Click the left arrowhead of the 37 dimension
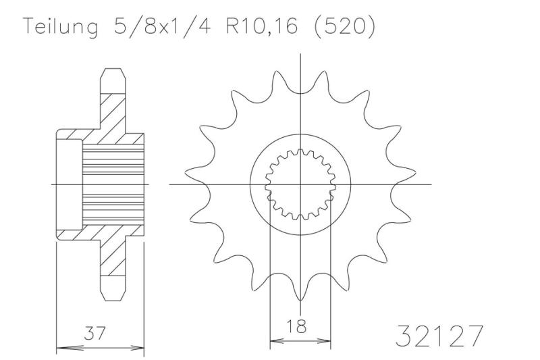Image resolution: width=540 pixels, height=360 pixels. pos(61,349)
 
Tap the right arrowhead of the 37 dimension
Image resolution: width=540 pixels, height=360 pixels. pos(140,349)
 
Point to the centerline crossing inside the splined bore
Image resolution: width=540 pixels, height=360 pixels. pos(300,184)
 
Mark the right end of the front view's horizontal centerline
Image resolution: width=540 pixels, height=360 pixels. pos(431,184)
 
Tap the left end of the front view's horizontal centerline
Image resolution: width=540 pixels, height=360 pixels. pos(169,184)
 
